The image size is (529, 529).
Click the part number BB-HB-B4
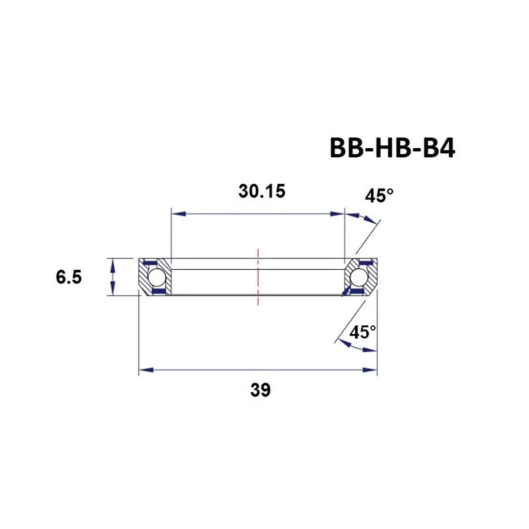392,149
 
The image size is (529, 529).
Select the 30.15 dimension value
262,191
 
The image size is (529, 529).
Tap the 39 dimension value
260,390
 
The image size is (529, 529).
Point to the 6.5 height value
69,277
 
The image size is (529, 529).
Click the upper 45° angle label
379,195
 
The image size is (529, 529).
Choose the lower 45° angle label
362,332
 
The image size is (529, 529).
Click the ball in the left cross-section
156,277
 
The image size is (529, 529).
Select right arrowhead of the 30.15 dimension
338,214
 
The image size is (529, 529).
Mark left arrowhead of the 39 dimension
145,370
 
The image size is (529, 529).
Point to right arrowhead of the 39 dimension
371,370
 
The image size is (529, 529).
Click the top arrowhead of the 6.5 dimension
113,264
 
